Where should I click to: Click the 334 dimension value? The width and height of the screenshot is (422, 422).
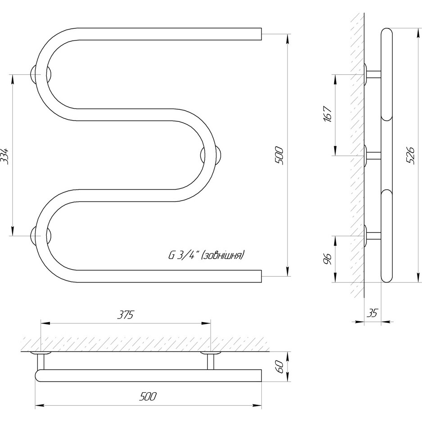(x=4, y=156)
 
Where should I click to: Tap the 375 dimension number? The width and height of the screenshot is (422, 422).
(x=126, y=314)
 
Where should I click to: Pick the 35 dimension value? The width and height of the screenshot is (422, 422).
(x=373, y=314)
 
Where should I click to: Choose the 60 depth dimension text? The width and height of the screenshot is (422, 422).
(x=280, y=366)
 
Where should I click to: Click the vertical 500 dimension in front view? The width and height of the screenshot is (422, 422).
(x=279, y=156)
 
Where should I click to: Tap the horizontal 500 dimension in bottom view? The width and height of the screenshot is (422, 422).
(x=148, y=397)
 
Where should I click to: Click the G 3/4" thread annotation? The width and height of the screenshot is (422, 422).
(x=184, y=255)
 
